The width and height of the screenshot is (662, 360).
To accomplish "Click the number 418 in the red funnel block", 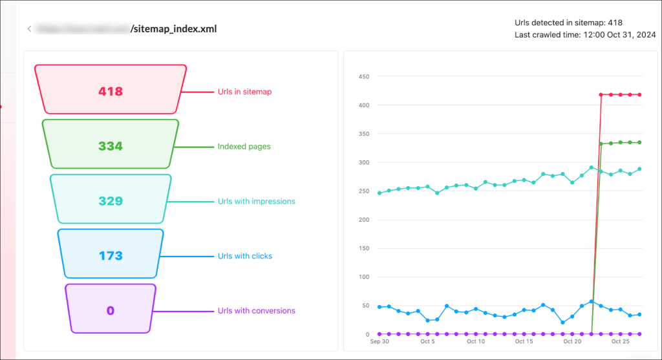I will (x=111, y=92).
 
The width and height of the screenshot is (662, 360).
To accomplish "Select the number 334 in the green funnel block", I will (x=111, y=147).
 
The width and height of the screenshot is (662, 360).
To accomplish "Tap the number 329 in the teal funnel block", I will (x=111, y=202).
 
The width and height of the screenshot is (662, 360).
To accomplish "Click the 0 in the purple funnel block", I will (x=111, y=311).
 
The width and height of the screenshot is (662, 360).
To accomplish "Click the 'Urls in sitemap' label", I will (x=244, y=92).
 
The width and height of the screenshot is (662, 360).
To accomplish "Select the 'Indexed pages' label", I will (x=244, y=147).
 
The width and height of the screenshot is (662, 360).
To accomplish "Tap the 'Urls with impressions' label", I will (x=256, y=202).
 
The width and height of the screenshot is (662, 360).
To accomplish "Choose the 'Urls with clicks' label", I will (x=244, y=257).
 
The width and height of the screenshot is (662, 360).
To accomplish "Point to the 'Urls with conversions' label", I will (x=257, y=311).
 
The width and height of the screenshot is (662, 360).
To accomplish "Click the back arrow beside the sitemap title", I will (x=29, y=29).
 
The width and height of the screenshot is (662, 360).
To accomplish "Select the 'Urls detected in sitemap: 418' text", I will (x=568, y=23).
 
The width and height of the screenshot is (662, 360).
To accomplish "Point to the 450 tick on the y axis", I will (x=363, y=77).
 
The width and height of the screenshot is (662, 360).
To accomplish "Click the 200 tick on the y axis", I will (x=363, y=220).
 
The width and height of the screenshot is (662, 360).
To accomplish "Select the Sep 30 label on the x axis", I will (x=379, y=341).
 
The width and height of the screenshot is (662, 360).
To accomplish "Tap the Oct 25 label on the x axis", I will (x=620, y=341).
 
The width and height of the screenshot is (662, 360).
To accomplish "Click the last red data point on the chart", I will (x=639, y=95).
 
